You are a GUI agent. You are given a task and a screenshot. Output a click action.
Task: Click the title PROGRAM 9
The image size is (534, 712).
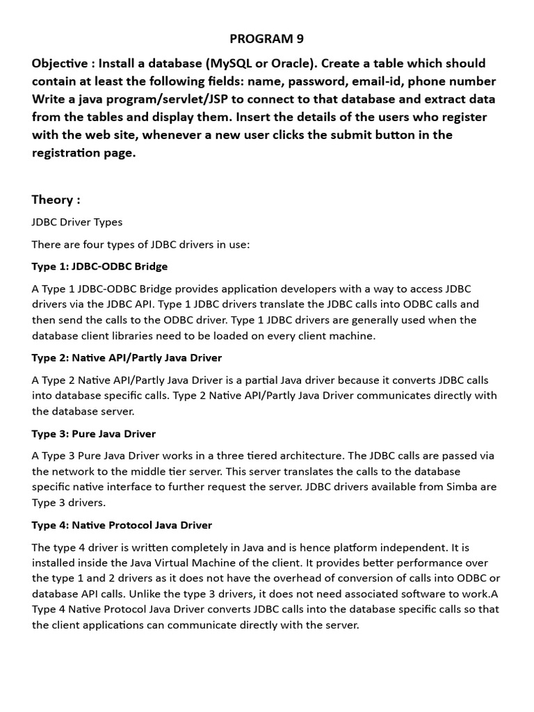coord(267,38)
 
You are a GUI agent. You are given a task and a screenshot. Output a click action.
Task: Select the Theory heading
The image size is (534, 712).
coord(56,200)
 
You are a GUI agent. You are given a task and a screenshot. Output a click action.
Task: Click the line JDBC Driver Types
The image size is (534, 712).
coord(76,222)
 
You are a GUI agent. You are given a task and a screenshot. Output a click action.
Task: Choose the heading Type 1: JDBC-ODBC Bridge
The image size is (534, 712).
coord(99,266)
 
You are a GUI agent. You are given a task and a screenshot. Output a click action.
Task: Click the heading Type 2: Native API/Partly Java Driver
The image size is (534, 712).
coord(127,357)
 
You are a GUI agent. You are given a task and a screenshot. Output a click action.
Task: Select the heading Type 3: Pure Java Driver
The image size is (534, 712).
coord(93,433)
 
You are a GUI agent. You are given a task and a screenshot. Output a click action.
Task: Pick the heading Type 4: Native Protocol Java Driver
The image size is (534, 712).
coord(122,525)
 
